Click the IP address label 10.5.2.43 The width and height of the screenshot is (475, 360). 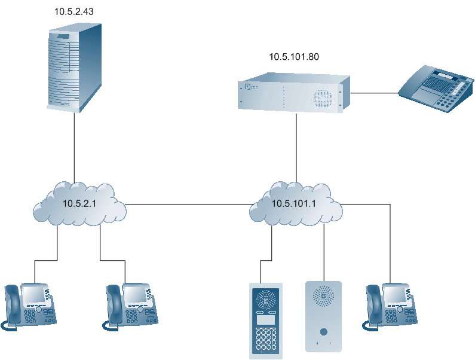point(74,11)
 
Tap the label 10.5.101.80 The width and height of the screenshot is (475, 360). point(294,57)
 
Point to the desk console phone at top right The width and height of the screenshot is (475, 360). point(436,90)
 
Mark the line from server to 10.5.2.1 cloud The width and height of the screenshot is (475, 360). point(74,147)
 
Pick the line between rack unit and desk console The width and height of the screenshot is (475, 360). point(373,93)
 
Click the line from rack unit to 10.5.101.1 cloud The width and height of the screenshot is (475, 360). point(296,147)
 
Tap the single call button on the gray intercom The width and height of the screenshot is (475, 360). point(323,332)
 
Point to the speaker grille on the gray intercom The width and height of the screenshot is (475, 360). point(323,295)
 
